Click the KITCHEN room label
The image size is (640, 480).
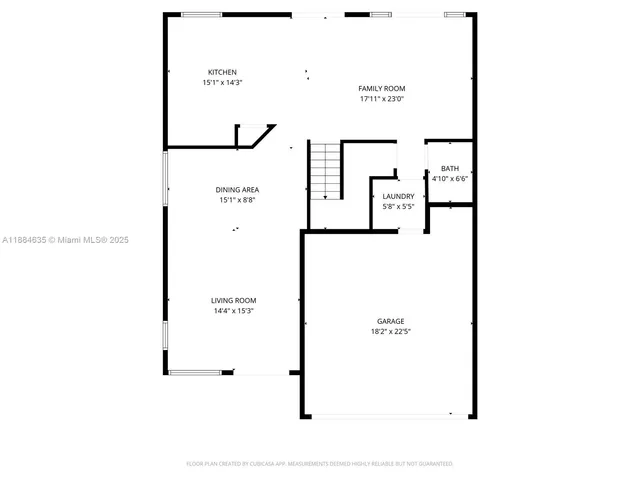pyautogui.click(x=222, y=72)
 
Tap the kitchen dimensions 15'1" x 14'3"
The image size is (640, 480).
pyautogui.click(x=222, y=83)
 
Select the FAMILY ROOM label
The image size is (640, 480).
pyautogui.click(x=382, y=88)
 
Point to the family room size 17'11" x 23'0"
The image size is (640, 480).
pyautogui.click(x=382, y=99)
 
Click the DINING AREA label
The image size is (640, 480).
pyautogui.click(x=237, y=189)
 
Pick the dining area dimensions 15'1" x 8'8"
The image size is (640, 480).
pyautogui.click(x=237, y=200)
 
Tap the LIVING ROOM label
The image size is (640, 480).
pyautogui.click(x=233, y=300)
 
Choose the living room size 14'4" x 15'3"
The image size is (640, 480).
pyautogui.click(x=233, y=311)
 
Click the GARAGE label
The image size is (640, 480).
pyautogui.click(x=390, y=321)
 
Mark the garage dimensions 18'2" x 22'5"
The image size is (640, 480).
pyautogui.click(x=390, y=332)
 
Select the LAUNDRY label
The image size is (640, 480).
pyautogui.click(x=398, y=196)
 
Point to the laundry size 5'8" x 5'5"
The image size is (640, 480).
pyautogui.click(x=398, y=207)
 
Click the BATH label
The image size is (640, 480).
pyautogui.click(x=450, y=168)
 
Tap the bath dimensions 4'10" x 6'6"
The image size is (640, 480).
pyautogui.click(x=450, y=179)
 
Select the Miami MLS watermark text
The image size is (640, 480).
pyautogui.click(x=65, y=240)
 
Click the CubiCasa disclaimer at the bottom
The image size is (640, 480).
pyautogui.click(x=320, y=464)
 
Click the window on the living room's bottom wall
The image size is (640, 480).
pyautogui.click(x=195, y=373)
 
